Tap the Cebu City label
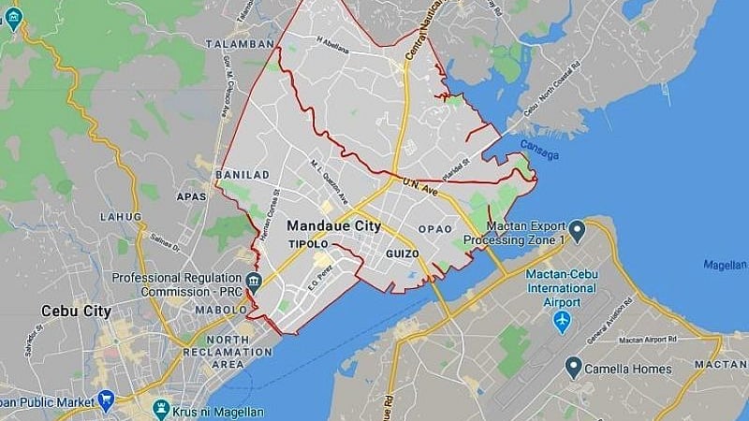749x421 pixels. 76,311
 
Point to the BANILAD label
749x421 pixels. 242,175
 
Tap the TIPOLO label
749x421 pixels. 307,244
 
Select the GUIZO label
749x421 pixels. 402,254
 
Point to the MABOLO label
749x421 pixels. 221,310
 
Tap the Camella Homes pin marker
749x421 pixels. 573,368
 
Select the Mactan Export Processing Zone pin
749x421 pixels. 577,229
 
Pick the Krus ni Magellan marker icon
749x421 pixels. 161,410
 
